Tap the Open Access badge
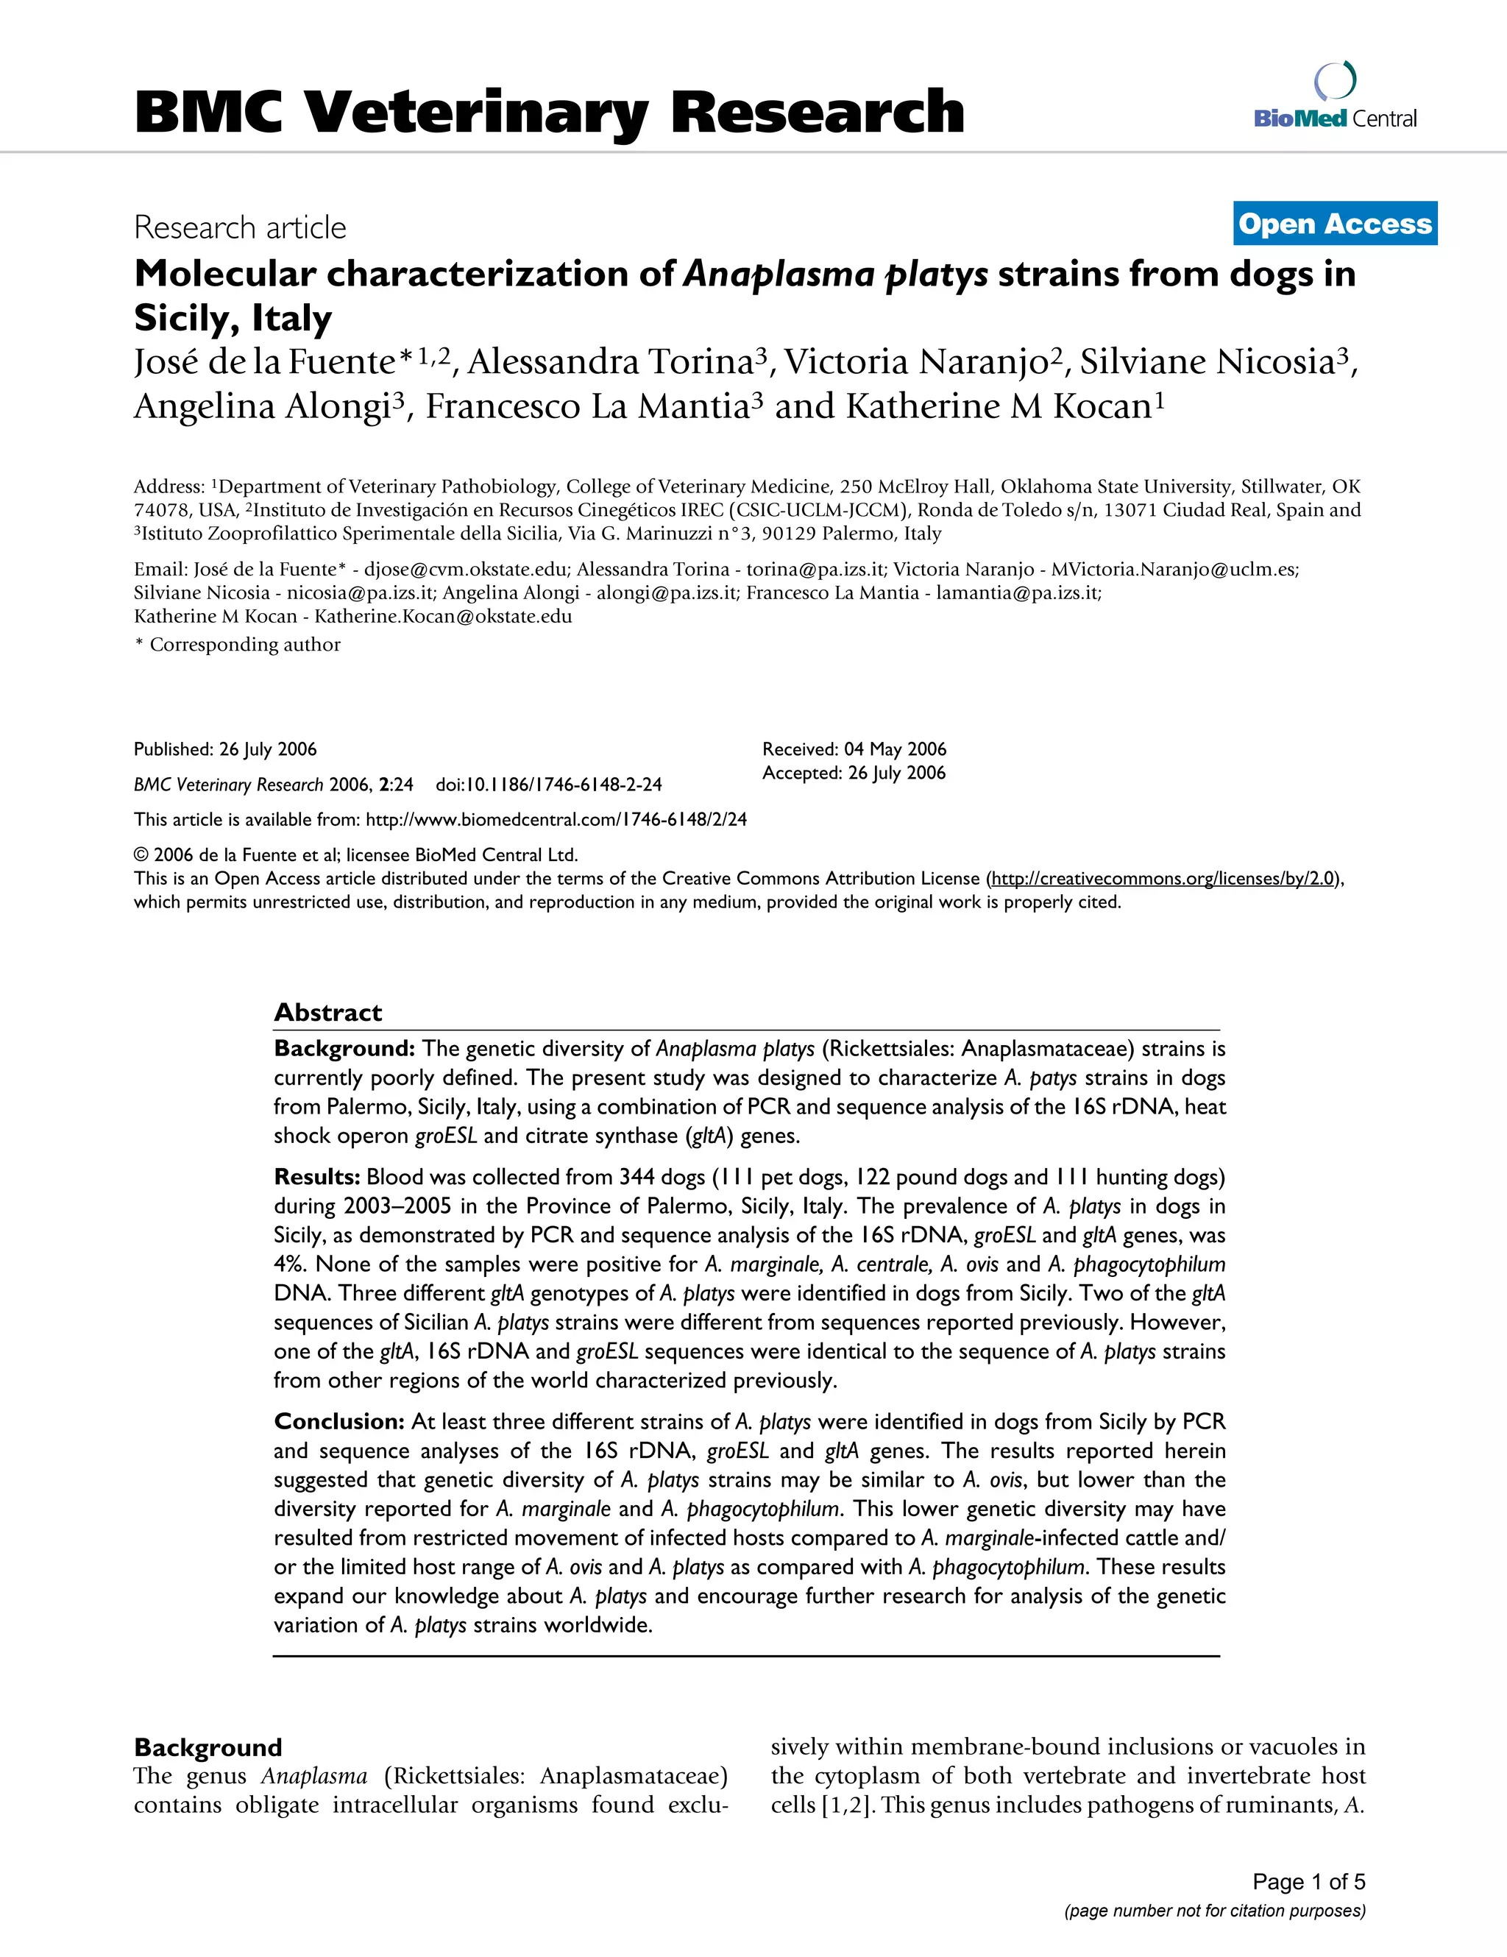pyautogui.click(x=1335, y=224)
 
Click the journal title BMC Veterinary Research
pyautogui.click(x=548, y=113)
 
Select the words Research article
pyautogui.click(x=239, y=227)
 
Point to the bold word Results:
pyautogui.click(x=316, y=1177)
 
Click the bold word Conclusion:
pyautogui.click(x=339, y=1421)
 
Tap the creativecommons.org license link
pyautogui.click(x=1163, y=878)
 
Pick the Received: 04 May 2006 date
pyautogui.click(x=854, y=749)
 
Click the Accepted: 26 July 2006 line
pyautogui.click(x=854, y=772)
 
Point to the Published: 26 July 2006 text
pyautogui.click(x=225, y=749)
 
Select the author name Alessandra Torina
pyautogui.click(x=610, y=362)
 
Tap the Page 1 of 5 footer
pyautogui.click(x=1308, y=1881)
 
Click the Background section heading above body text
pyautogui.click(x=208, y=1747)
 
